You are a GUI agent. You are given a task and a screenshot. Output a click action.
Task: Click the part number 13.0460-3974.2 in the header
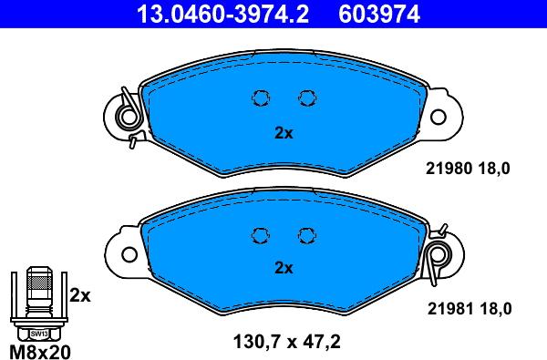[222, 14]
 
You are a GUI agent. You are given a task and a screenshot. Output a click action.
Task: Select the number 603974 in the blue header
[379, 14]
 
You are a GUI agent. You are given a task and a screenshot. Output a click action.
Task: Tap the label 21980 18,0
[468, 169]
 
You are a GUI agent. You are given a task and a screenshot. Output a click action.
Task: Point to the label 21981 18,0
[470, 309]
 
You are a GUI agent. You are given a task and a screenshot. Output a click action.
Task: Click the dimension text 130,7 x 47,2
[287, 342]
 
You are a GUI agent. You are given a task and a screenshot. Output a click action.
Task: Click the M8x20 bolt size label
[40, 352]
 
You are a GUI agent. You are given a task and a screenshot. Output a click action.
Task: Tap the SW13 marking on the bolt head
[38, 334]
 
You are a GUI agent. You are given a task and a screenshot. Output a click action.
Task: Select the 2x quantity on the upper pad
[284, 133]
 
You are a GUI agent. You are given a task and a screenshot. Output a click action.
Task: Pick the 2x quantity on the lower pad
[284, 268]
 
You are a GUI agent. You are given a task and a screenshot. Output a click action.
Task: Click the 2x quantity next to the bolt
[80, 296]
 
